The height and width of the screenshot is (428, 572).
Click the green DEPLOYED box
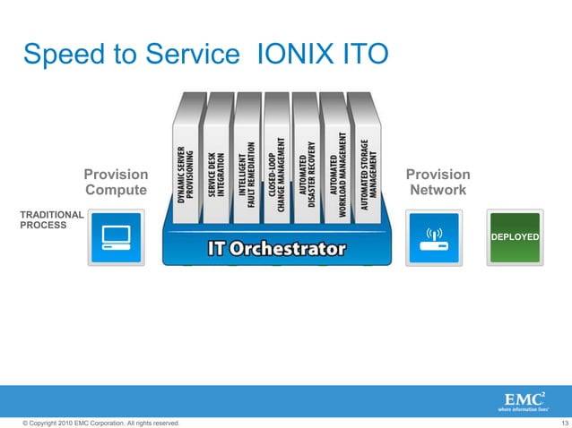pos(514,238)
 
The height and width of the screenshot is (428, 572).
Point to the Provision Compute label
pos(116,182)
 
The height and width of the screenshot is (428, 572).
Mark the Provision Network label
pos(438,182)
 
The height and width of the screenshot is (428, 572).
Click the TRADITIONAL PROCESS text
pos(50,220)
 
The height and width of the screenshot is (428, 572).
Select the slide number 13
pos(563,422)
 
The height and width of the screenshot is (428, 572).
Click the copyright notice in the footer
pos(93,422)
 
